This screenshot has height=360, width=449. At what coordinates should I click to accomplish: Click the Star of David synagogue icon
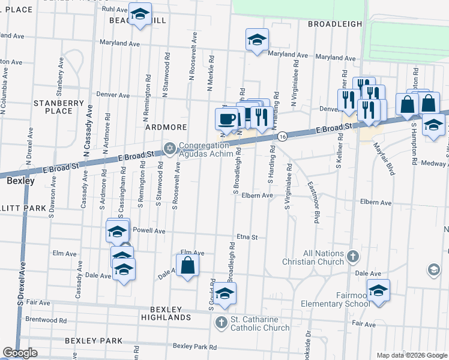pos(169,148)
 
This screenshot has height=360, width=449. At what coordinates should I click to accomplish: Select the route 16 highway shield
pos(282,137)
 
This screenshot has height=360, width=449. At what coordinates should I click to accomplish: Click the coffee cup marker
pos(226,118)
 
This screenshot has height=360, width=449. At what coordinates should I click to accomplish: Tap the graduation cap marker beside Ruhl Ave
pos(140,14)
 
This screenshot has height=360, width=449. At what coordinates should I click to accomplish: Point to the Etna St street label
pos(247,237)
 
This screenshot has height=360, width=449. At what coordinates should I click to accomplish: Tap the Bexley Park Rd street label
pos(194,346)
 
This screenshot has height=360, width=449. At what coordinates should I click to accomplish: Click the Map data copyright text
pos(411,355)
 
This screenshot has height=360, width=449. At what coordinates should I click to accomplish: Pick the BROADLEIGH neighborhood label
pos(335,24)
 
